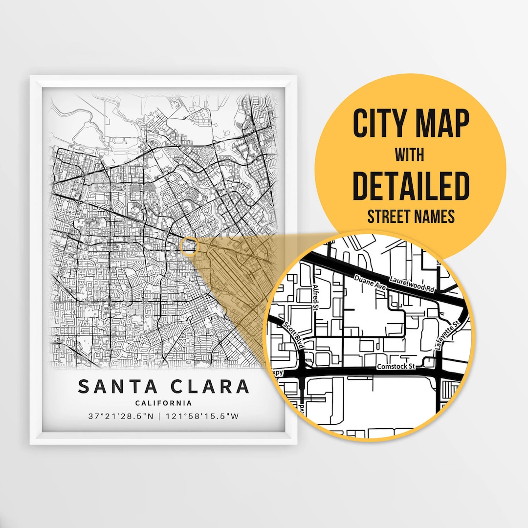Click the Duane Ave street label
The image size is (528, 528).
[x=370, y=284]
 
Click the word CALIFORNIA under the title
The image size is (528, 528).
[x=163, y=403]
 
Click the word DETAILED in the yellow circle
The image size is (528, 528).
[x=411, y=186]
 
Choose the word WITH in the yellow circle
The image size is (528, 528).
[x=410, y=155]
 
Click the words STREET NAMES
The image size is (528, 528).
[x=411, y=216]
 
